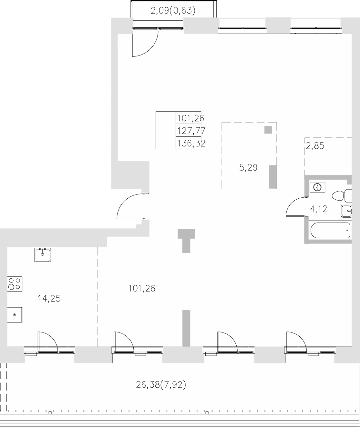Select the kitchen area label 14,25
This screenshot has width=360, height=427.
click(x=49, y=299)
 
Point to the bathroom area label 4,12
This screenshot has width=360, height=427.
click(x=318, y=209)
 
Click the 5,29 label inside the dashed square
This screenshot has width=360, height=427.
click(x=248, y=167)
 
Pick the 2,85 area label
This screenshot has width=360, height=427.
click(x=315, y=146)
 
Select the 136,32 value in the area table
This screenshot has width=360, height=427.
click(x=191, y=143)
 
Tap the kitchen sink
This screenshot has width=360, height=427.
click(x=42, y=255)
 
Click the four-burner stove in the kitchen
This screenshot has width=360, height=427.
click(x=15, y=284)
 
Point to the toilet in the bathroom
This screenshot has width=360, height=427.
click(x=341, y=195)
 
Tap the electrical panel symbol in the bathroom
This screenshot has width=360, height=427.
click(x=317, y=187)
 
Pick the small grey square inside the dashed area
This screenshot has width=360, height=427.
click(x=268, y=130)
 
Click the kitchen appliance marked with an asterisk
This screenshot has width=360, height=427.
click(x=15, y=314)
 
